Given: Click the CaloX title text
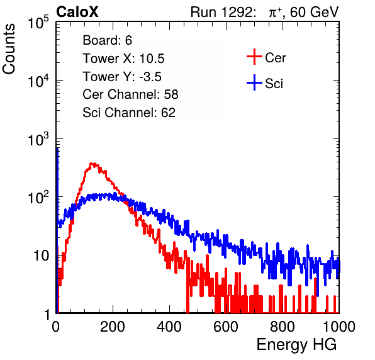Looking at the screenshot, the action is [x=77, y=12].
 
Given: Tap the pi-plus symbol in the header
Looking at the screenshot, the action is [x=275, y=12].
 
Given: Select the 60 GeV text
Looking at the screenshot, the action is [x=315, y=12].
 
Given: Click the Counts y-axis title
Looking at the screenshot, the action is [x=9, y=49].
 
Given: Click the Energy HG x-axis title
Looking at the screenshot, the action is [x=296, y=345].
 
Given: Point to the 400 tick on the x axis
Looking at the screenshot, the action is [x=169, y=326].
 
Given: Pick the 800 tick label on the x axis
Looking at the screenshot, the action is [x=283, y=326].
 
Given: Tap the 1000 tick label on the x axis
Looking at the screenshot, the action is [x=339, y=326].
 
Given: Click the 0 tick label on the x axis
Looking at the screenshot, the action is [x=56, y=326].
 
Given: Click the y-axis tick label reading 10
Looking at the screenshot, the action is [x=42, y=256].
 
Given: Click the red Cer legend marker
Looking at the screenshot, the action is [x=254, y=57].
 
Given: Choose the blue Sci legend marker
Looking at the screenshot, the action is [x=254, y=83].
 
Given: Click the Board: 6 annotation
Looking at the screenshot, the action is [x=107, y=40].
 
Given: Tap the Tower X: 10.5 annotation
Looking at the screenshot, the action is [x=123, y=59].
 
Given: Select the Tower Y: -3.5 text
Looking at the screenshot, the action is [x=122, y=77].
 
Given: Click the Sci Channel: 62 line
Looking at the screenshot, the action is [x=129, y=113].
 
